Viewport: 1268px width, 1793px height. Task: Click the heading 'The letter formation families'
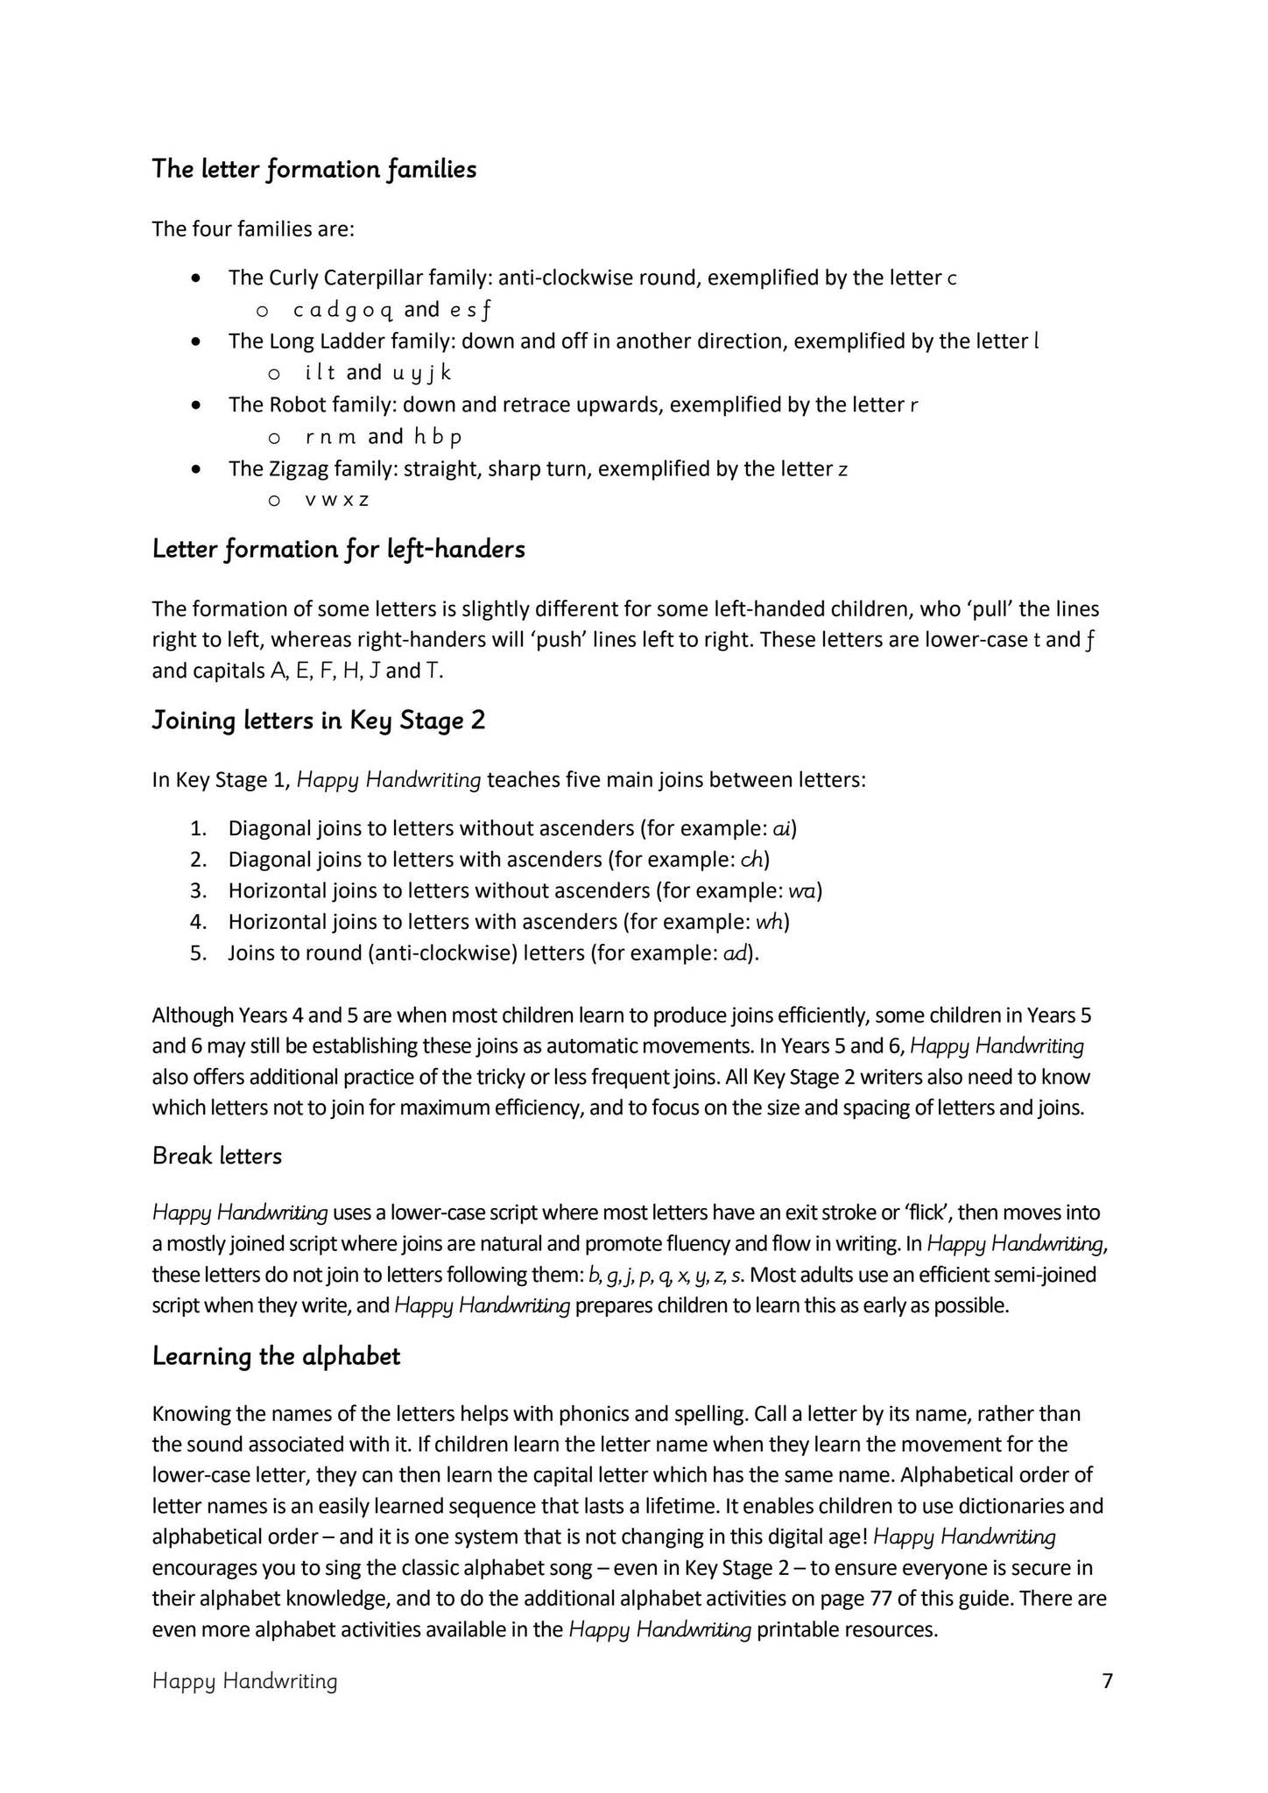click(x=313, y=168)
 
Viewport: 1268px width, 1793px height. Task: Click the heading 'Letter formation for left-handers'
click(x=338, y=549)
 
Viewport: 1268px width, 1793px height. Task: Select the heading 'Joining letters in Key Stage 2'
click(x=318, y=720)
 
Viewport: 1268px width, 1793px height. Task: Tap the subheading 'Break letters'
click(x=216, y=1156)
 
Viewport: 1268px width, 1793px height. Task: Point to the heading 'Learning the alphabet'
click(x=276, y=1356)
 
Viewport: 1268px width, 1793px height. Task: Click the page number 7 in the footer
click(x=1107, y=1681)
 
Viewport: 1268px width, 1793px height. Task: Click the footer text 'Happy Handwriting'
click(x=244, y=1681)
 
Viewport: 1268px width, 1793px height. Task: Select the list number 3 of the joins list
click(x=197, y=890)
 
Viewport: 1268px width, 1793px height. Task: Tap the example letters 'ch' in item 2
click(x=751, y=860)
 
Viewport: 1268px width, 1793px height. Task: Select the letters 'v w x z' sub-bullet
click(x=336, y=500)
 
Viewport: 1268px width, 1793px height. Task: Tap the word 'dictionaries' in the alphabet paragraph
click(x=1011, y=1506)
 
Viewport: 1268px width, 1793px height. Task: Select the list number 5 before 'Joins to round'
click(x=197, y=953)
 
